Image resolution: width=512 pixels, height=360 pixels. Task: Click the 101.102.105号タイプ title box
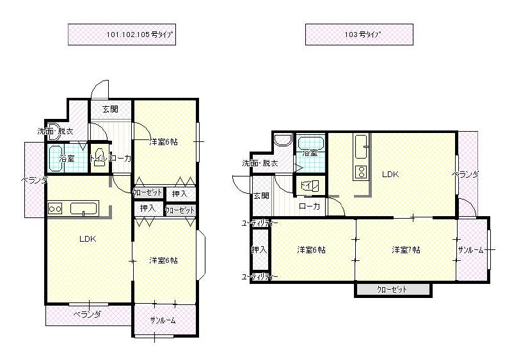[122, 35]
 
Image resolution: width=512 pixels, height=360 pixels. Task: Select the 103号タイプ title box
[358, 35]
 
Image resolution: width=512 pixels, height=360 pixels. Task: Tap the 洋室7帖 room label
[406, 249]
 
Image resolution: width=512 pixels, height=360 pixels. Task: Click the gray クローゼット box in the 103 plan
[392, 290]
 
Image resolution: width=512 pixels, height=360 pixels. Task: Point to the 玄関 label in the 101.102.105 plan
[110, 109]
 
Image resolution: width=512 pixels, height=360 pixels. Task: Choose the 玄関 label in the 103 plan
[260, 196]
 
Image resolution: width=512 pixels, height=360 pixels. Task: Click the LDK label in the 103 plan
[390, 173]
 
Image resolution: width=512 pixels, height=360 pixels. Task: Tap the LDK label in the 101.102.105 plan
[88, 239]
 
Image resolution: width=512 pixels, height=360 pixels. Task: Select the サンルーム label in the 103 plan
[470, 250]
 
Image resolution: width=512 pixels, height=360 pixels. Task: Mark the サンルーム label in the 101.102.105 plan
[163, 320]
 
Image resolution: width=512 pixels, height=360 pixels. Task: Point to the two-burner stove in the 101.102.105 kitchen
[54, 208]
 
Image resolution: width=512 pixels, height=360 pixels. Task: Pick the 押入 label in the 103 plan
[259, 249]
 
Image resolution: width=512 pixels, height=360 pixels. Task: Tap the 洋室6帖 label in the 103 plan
[311, 249]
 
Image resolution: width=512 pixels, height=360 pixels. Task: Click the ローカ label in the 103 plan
[310, 206]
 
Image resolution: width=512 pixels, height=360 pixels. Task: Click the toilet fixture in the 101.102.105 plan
[99, 160]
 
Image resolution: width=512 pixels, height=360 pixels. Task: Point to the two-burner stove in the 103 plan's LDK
[360, 171]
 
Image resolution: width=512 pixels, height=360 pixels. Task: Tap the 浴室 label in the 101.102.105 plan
[67, 158]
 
